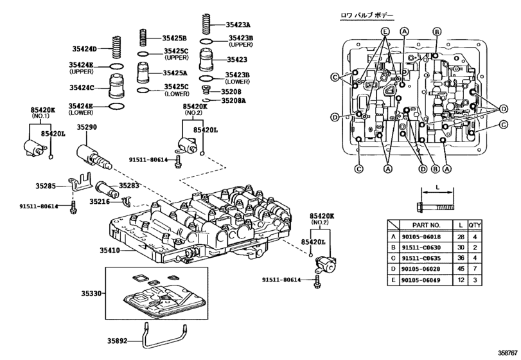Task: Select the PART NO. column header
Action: [425, 226]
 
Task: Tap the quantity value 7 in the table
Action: [474, 269]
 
